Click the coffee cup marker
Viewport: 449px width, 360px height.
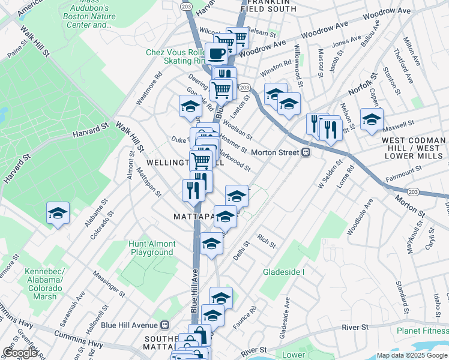click(x=216, y=53)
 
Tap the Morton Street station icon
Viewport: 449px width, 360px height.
click(x=305, y=152)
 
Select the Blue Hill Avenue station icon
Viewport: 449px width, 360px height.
click(x=166, y=325)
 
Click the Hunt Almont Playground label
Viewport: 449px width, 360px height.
click(x=152, y=248)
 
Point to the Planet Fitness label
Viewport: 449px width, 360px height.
click(x=422, y=331)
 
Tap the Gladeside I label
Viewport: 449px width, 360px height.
click(x=284, y=272)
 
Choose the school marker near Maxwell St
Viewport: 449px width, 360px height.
click(x=372, y=118)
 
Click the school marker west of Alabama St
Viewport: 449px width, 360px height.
click(x=58, y=213)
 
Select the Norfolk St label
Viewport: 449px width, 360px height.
click(x=364, y=84)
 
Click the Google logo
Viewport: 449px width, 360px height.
click(x=20, y=353)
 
